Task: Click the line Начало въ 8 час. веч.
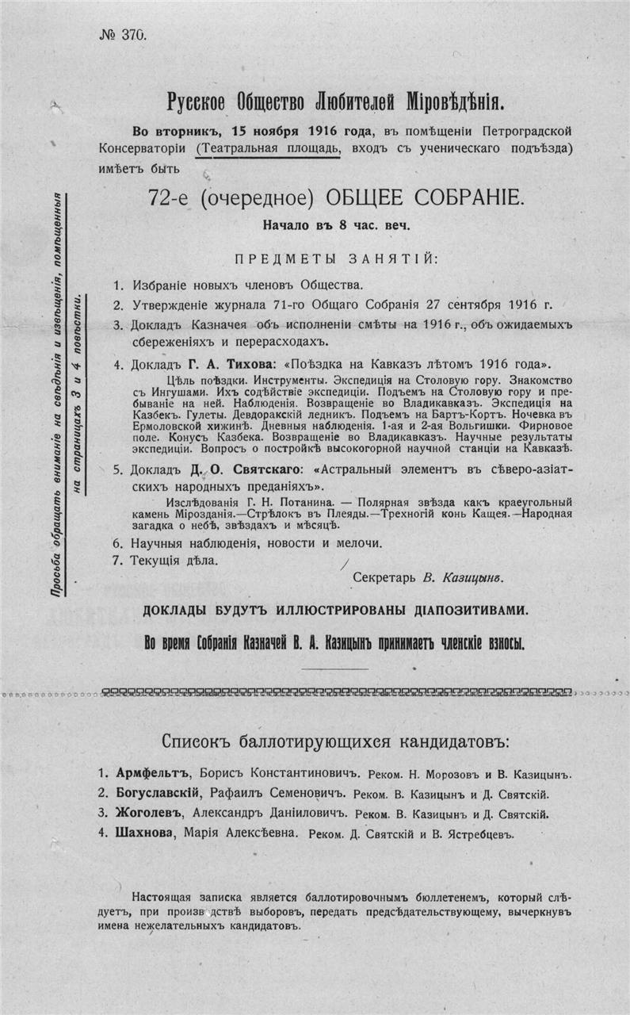337,225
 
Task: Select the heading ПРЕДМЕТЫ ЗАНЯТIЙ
336,259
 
